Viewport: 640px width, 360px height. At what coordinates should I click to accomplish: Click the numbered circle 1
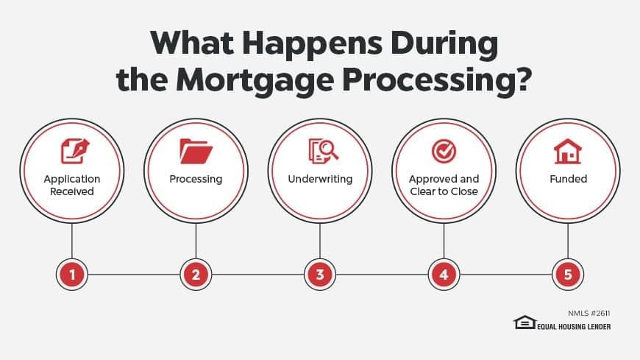pos(72,274)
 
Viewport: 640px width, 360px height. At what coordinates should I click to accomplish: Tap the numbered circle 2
pos(196,274)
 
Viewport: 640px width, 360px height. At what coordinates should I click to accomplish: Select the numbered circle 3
pos(320,274)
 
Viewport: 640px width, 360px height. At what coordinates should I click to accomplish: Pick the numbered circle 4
pos(444,274)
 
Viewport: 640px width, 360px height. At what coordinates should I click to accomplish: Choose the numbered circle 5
pos(568,274)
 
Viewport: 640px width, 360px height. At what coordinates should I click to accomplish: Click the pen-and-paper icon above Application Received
pos(75,151)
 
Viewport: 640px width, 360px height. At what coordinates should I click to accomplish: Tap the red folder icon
pos(196,151)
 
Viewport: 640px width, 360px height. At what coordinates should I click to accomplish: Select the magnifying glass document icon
pos(323,151)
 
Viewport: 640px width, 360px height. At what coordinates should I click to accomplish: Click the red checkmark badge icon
pos(444,151)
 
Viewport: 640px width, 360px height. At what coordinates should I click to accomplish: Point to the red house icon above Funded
pos(568,151)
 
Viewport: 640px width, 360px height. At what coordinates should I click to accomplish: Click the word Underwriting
pos(320,179)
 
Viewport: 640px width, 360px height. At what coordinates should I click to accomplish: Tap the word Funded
pos(568,179)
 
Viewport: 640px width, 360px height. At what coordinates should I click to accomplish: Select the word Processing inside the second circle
pos(196,180)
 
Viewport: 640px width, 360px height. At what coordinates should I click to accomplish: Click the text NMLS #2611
pos(589,314)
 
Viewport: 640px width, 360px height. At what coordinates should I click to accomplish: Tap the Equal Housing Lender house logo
pos(525,322)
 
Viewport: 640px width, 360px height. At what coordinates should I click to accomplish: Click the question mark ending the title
pos(523,79)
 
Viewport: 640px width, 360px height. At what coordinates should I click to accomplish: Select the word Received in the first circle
pos(72,191)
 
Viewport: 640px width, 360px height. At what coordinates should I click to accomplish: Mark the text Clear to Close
pos(444,191)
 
